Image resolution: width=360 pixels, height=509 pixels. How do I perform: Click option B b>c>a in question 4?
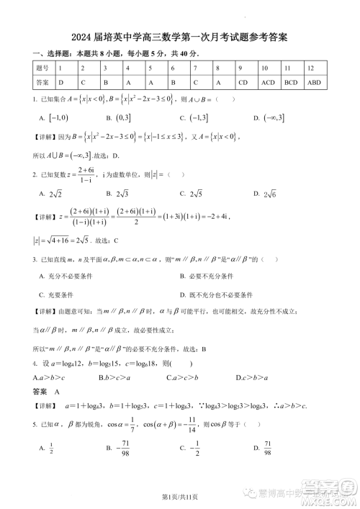(x=110, y=377)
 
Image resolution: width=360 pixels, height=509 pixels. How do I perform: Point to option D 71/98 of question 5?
(x=268, y=449)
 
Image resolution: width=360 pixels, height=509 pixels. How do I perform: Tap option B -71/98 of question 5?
(x=120, y=449)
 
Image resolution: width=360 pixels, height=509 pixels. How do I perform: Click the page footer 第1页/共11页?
(x=179, y=497)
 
